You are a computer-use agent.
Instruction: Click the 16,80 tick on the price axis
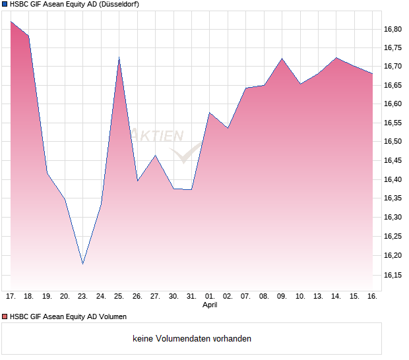(393, 29)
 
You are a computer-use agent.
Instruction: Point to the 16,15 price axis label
(393, 274)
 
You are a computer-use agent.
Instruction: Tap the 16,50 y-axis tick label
(393, 142)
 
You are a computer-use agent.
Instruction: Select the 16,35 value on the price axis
(393, 198)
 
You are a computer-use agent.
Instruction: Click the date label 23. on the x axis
(82, 297)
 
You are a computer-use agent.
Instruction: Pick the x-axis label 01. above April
(209, 297)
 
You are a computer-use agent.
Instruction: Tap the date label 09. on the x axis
(282, 297)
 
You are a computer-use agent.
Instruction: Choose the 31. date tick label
(191, 297)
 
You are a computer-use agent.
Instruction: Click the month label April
(209, 305)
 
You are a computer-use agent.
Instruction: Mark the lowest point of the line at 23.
(82, 264)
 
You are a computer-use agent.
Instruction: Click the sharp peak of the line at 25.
(119, 58)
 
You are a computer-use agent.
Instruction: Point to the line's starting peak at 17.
(11, 22)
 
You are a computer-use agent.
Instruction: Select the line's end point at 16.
(372, 73)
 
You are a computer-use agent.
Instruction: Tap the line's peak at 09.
(282, 59)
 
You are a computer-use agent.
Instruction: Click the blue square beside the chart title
(5, 4)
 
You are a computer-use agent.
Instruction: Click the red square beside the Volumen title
(5, 316)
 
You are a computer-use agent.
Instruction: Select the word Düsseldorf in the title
(117, 4)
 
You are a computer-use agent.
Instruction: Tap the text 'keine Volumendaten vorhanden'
(192, 339)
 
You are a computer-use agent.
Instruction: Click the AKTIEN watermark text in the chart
(157, 136)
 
